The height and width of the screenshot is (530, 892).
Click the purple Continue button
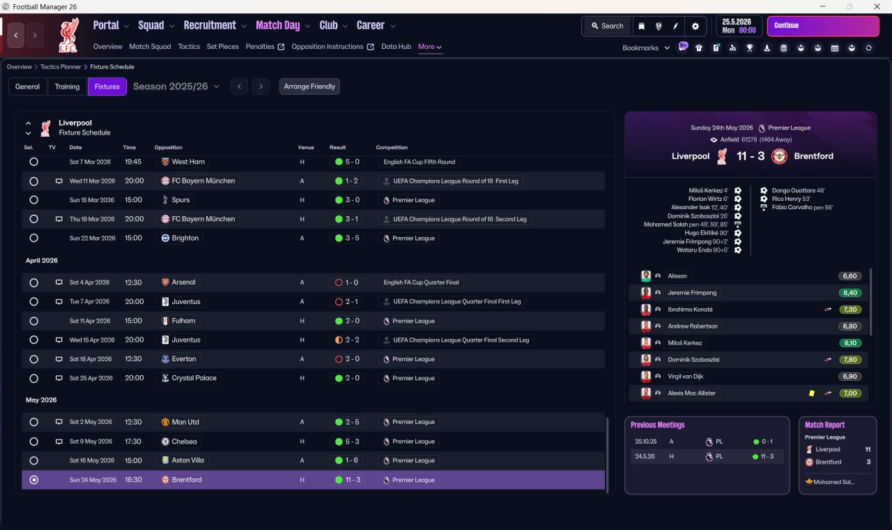[823, 26]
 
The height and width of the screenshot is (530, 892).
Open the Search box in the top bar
[607, 26]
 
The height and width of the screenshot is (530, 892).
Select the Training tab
[67, 86]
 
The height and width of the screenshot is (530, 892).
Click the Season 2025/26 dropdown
[176, 86]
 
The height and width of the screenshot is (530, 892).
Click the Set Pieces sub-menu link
[222, 47]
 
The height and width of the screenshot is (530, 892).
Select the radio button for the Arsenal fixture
[34, 282]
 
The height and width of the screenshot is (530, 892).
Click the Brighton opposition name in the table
[185, 238]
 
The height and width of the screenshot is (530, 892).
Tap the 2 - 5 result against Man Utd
[352, 422]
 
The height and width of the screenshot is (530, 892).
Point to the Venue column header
[306, 147]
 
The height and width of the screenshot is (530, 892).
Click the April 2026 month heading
[41, 260]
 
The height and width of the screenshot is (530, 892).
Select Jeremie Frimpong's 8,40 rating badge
[849, 293]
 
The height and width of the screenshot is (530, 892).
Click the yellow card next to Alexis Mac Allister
[812, 393]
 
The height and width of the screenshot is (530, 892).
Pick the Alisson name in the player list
[677, 275]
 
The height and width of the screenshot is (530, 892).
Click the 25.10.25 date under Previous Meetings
[645, 441]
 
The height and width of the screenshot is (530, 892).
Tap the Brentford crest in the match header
[779, 156]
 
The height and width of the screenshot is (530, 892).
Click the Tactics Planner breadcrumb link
[61, 67]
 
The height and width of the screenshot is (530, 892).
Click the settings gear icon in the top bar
[695, 26]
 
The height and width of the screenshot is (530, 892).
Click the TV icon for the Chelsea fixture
[59, 441]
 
